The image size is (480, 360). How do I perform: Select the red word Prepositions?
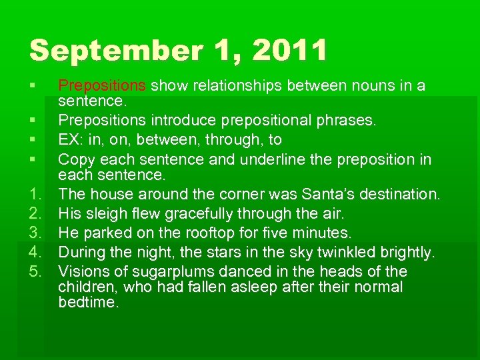click(102, 86)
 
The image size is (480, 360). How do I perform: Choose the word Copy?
click(75, 160)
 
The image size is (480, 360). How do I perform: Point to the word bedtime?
click(87, 302)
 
